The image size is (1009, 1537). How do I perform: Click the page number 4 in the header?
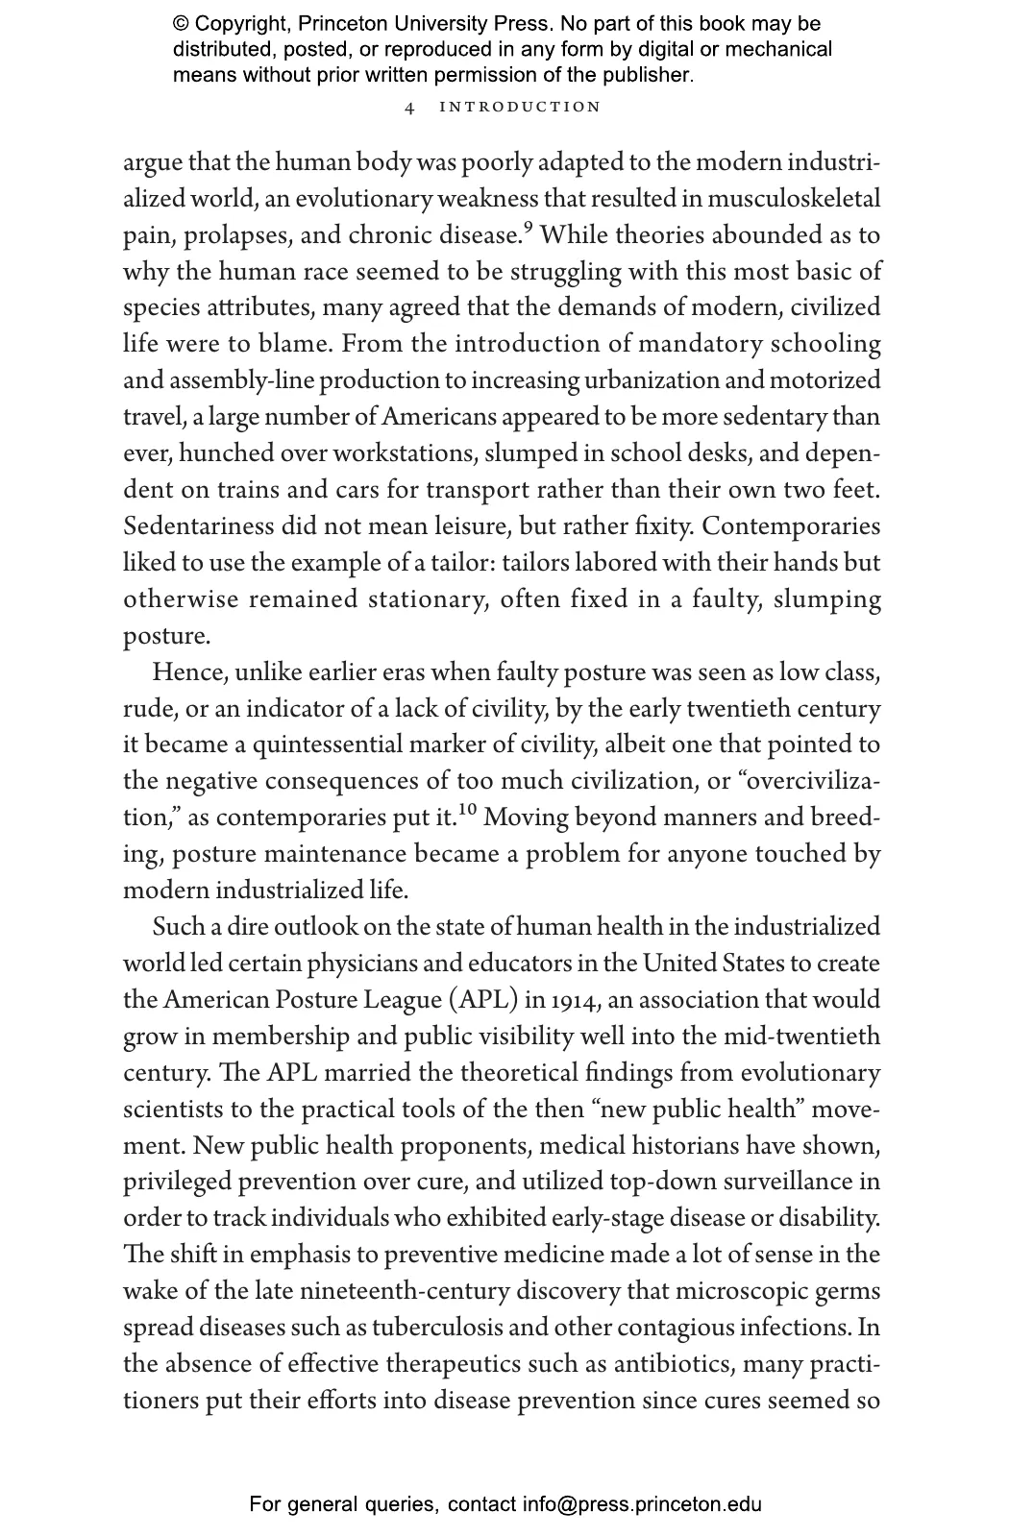(x=410, y=108)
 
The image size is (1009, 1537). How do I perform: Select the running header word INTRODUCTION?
(x=520, y=107)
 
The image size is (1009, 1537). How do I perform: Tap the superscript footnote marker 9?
(x=528, y=229)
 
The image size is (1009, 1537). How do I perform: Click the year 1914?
(x=574, y=1000)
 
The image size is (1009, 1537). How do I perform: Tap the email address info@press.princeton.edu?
(x=642, y=1504)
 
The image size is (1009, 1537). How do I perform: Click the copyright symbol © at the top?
(x=182, y=24)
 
